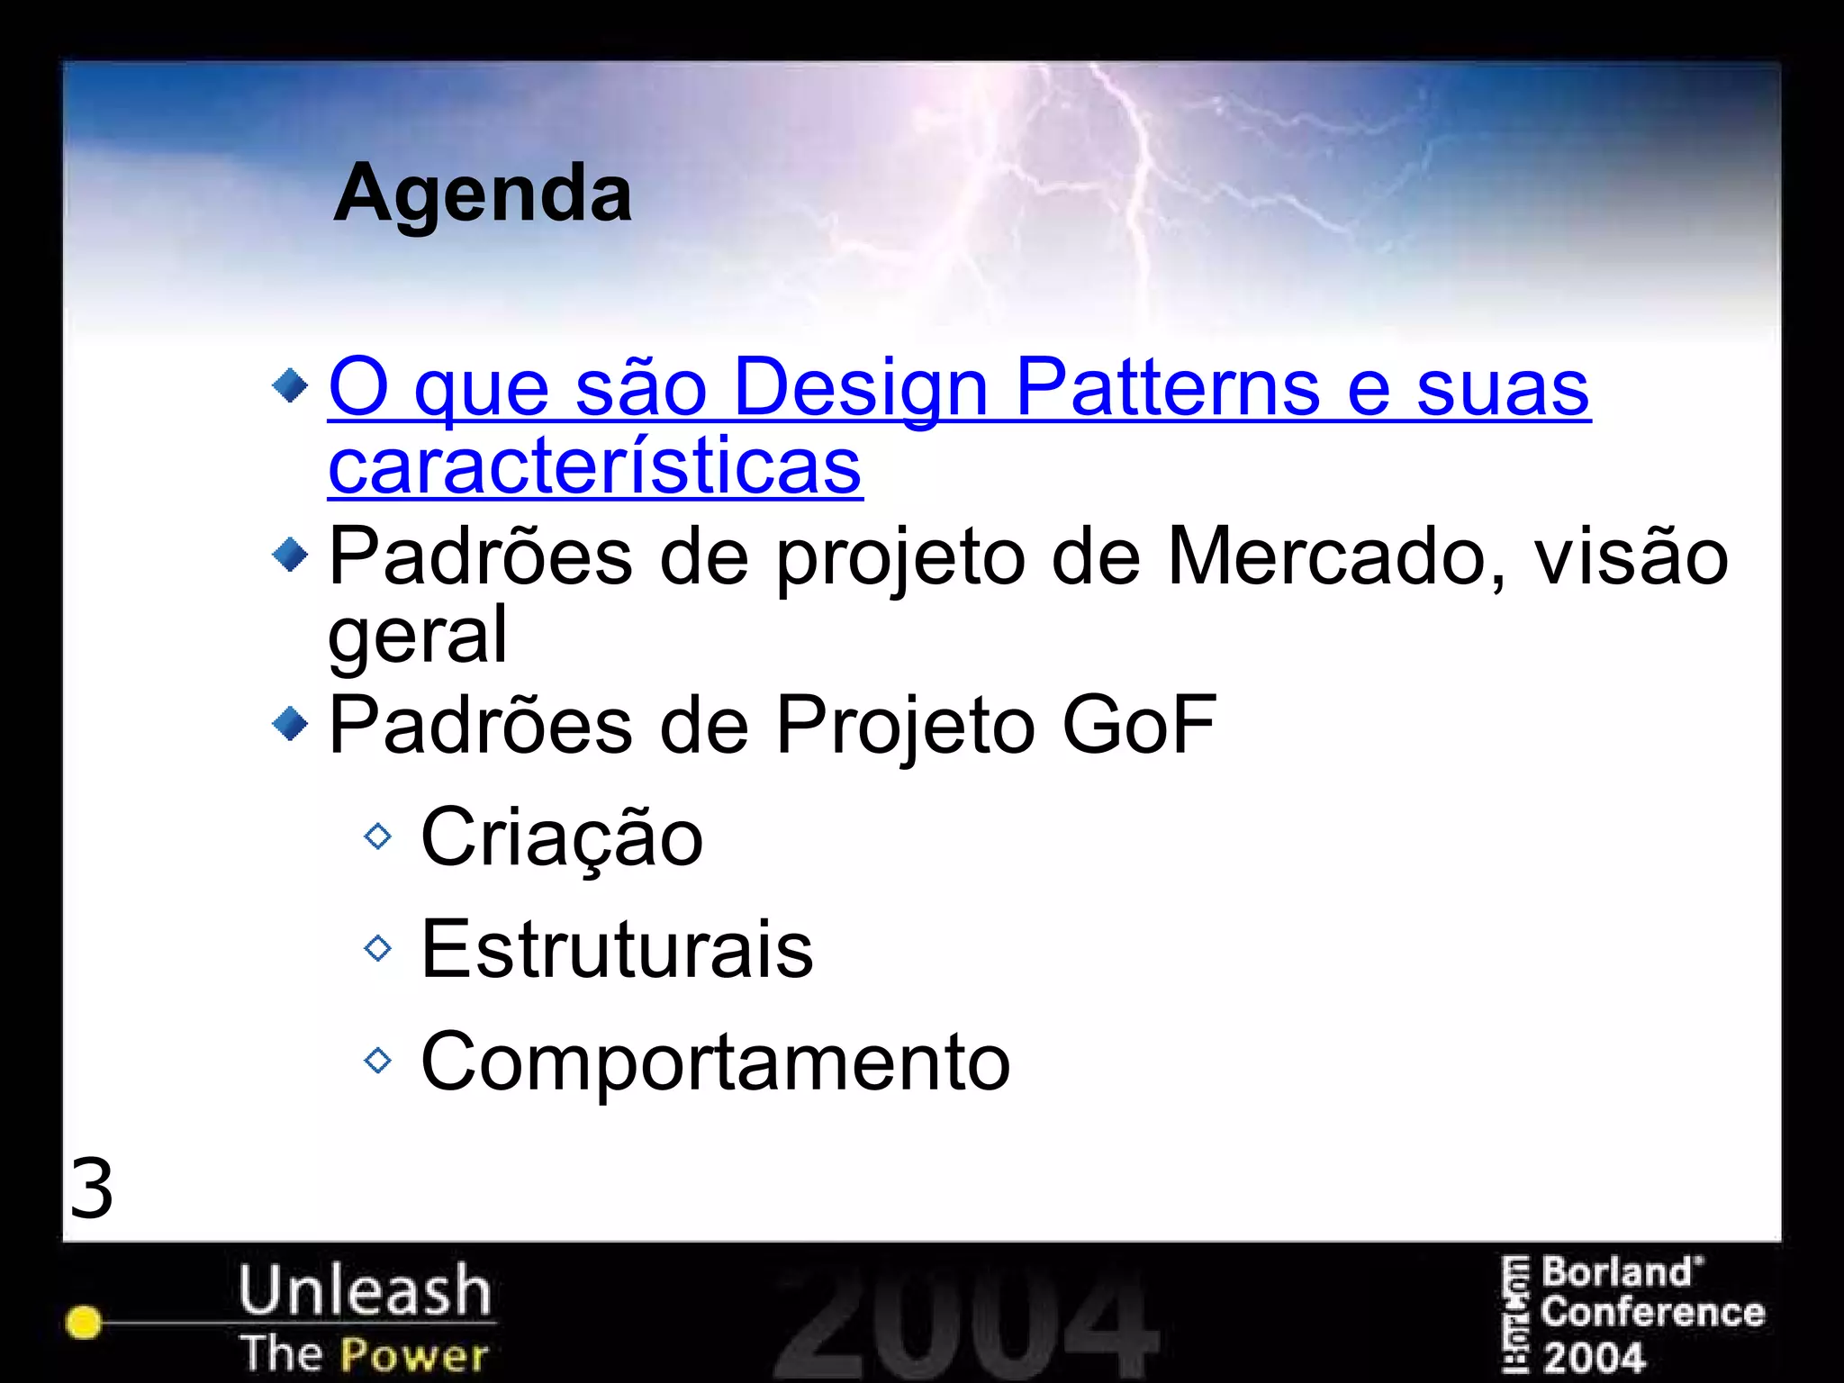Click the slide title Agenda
483,194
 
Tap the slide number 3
92,1189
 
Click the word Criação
562,838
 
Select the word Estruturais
617,949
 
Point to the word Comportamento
716,1062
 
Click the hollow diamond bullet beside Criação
378,836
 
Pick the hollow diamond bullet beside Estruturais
378,948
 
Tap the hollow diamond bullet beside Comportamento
378,1061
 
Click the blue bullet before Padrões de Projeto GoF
290,723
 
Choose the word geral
418,636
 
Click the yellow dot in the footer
84,1322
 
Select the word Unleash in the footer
365,1289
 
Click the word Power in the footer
415,1354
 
